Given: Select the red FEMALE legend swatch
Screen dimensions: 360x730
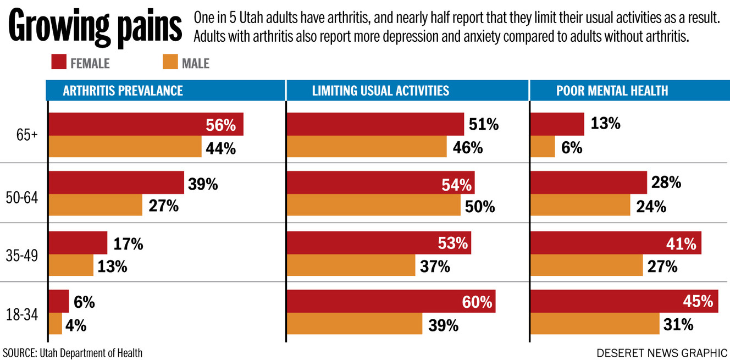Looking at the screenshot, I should (x=59, y=63).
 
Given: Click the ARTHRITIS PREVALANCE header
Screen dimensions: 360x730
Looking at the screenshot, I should (x=123, y=91).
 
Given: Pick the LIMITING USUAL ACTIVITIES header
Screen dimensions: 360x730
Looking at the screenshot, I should (x=380, y=91).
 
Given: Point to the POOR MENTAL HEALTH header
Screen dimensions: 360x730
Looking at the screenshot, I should (x=612, y=91).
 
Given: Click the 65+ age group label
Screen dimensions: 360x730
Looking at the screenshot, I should (x=27, y=136).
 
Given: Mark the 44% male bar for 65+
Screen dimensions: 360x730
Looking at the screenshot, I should (x=125, y=147).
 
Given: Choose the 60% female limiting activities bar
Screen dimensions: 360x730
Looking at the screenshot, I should (x=391, y=301).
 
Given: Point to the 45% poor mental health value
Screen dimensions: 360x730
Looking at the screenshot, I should (x=698, y=301).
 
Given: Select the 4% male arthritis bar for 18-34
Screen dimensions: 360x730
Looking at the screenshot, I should (x=56, y=324).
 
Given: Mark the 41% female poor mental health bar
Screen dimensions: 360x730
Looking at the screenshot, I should (x=616, y=243).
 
